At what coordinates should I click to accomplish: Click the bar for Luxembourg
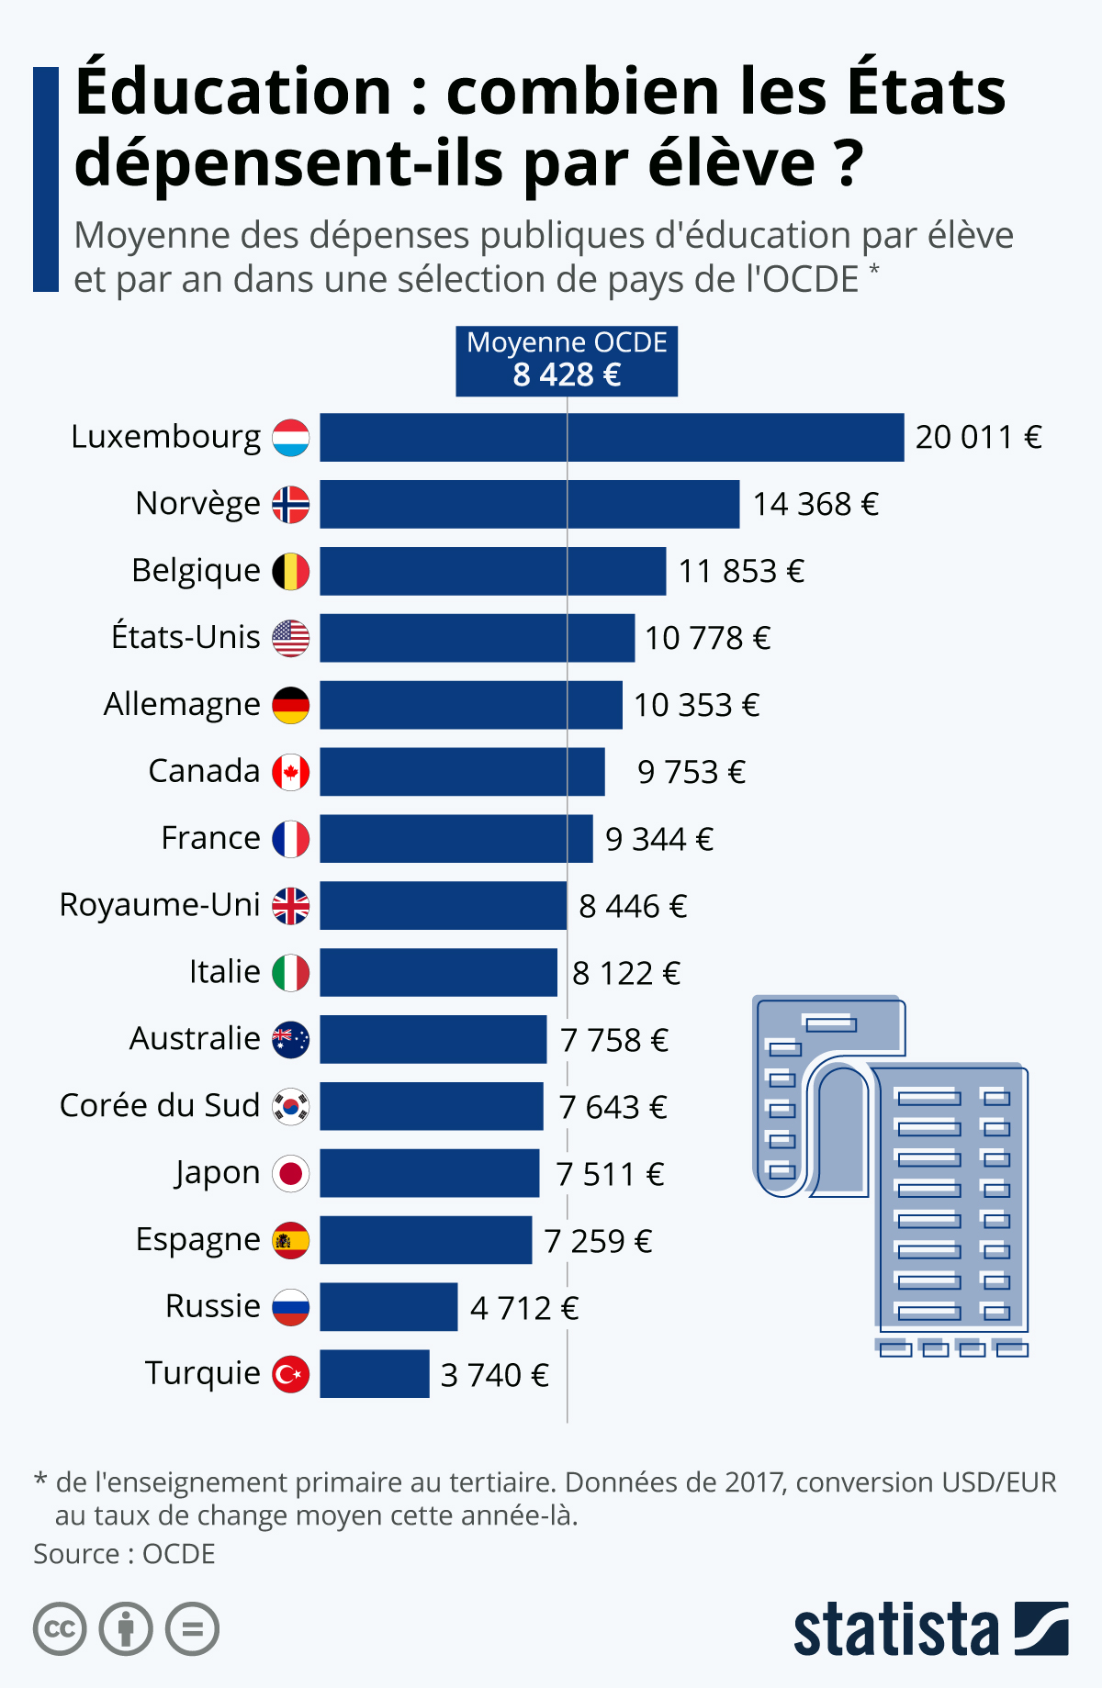coord(612,437)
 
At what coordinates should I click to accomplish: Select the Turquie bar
coord(375,1374)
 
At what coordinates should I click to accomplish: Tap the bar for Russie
coord(388,1307)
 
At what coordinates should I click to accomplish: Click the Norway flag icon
coord(291,504)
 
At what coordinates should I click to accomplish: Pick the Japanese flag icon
coord(291,1173)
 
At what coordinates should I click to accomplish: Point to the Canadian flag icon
coord(291,772)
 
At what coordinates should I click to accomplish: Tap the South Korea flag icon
coord(291,1106)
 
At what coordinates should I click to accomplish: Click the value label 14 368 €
coord(815,504)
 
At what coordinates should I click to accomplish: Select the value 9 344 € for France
coord(658,839)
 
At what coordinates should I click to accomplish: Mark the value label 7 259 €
coord(598,1241)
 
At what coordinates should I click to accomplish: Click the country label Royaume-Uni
coord(160,905)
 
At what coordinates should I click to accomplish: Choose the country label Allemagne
coord(182,704)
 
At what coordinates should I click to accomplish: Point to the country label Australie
coord(195,1039)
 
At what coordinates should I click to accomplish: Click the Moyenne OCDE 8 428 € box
coord(567,361)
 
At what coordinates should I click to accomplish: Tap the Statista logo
coord(930,1629)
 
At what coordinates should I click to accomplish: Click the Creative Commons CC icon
coord(60,1629)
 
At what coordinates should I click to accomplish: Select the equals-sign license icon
coord(192,1629)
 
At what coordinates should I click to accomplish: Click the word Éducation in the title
coord(234,92)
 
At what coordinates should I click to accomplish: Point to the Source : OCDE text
coord(124,1554)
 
